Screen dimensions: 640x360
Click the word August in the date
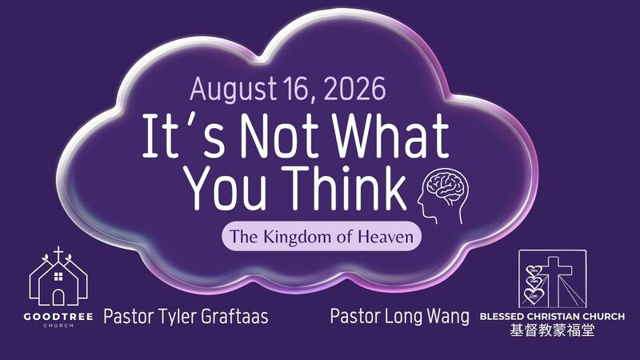click(x=233, y=90)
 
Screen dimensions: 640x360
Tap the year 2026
click(x=354, y=89)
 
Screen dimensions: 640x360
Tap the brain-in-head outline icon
click(x=443, y=196)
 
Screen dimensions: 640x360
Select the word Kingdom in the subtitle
click(x=295, y=237)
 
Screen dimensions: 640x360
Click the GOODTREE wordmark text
click(x=58, y=316)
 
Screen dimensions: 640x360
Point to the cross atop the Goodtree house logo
click(x=58, y=253)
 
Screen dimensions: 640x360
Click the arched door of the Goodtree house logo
click(x=58, y=298)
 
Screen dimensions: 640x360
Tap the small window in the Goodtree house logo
click(x=58, y=277)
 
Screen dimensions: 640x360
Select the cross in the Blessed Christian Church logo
click(x=554, y=282)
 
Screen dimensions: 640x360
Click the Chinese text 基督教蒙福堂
click(x=552, y=330)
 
